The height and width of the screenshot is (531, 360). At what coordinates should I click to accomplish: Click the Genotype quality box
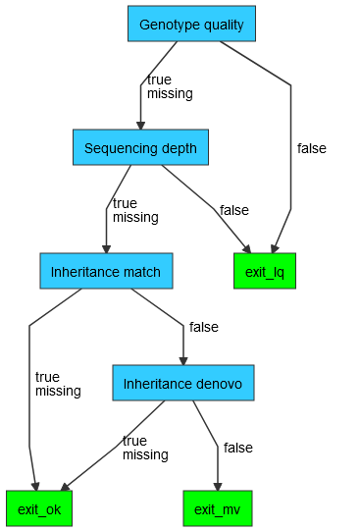[191, 24]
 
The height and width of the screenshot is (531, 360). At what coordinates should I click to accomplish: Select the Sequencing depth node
[140, 148]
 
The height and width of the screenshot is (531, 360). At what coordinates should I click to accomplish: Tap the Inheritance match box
[106, 271]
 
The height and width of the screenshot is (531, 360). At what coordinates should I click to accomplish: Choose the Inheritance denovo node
[183, 383]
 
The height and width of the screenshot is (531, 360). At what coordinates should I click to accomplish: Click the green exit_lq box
[264, 271]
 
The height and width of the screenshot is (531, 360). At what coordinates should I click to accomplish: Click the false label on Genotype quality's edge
[311, 148]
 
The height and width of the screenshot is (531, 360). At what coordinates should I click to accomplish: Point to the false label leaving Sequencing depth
[233, 210]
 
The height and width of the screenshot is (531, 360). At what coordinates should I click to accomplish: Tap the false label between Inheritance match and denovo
[203, 327]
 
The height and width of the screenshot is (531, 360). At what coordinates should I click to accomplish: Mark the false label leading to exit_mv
[237, 448]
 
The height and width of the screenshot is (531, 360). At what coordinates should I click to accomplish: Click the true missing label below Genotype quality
[169, 86]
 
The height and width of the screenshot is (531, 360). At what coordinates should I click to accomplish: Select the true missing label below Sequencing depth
[135, 210]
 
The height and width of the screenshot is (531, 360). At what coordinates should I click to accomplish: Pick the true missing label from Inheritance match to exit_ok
[58, 384]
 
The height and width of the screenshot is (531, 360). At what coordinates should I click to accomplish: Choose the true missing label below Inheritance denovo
[145, 448]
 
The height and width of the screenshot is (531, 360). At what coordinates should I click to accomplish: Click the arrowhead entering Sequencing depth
[140, 125]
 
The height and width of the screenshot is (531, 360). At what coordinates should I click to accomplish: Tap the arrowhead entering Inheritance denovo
[183, 359]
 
